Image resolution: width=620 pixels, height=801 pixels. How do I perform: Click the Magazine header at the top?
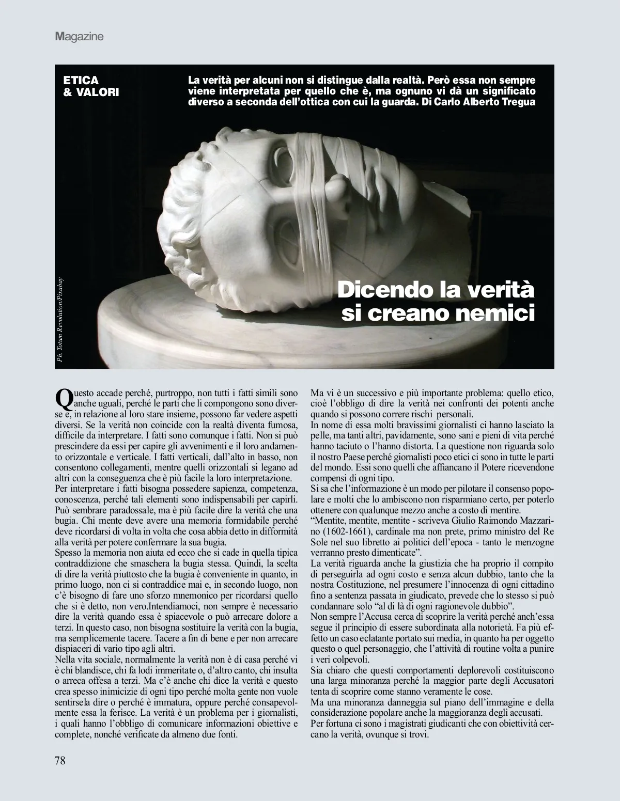pos(80,37)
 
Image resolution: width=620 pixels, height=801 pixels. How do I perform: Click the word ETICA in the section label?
pos(81,81)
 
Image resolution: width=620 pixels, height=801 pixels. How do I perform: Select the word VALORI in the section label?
pos(98,92)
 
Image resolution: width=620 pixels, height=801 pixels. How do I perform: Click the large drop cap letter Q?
pos(63,398)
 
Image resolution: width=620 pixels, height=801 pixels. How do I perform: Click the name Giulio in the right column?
pos(461,522)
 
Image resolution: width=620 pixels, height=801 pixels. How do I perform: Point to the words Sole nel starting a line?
pos(324,542)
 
